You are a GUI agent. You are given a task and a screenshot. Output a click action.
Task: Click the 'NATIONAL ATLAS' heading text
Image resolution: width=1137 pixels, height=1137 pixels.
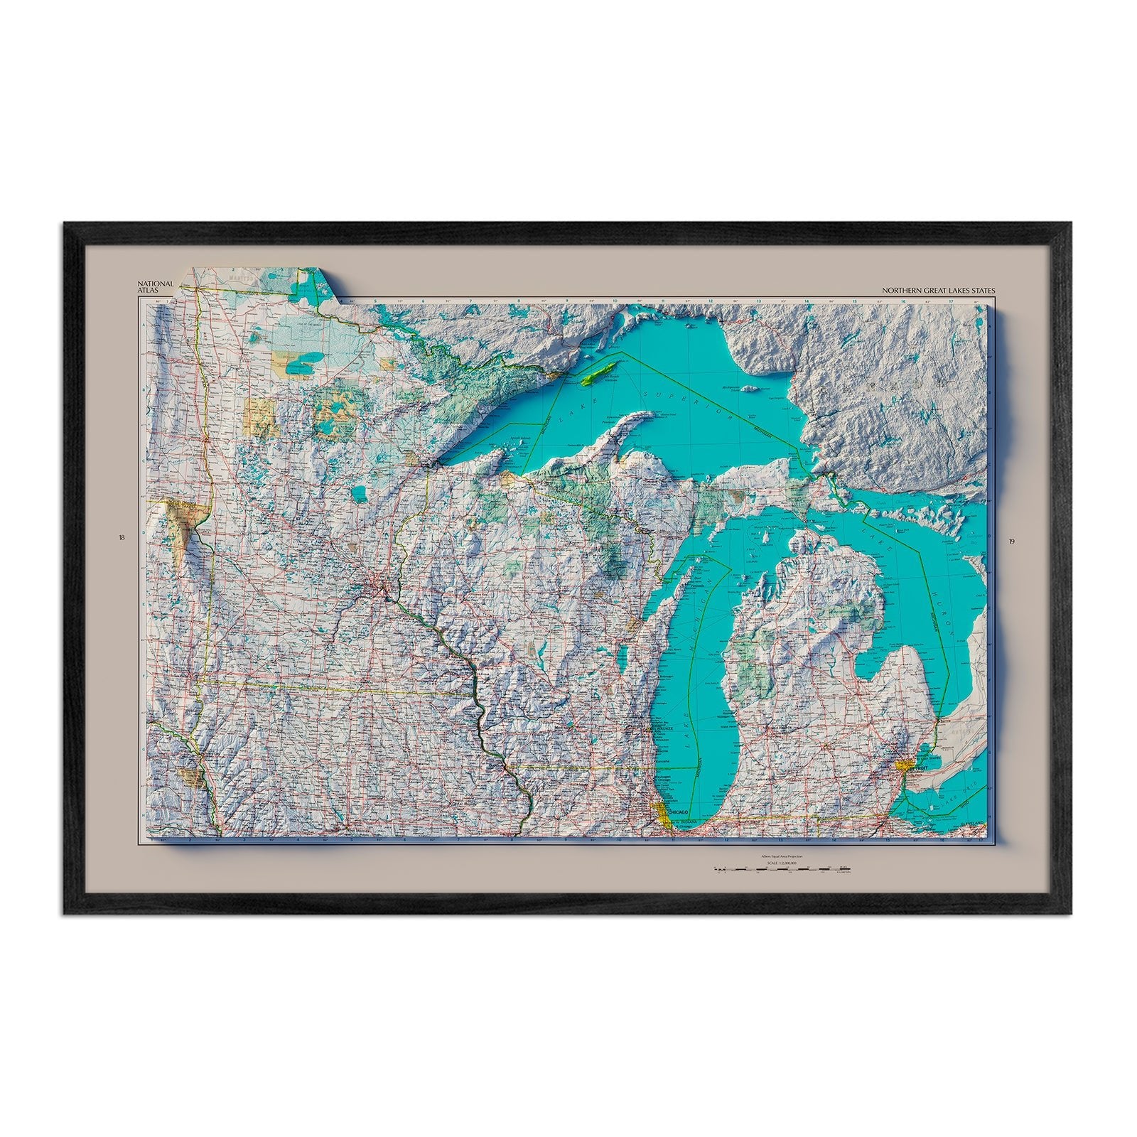click(x=156, y=286)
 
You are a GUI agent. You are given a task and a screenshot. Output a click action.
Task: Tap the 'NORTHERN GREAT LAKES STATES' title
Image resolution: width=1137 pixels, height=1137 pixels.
click(x=939, y=290)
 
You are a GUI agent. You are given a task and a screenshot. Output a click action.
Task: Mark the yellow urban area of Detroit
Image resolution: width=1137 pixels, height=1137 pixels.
click(x=903, y=765)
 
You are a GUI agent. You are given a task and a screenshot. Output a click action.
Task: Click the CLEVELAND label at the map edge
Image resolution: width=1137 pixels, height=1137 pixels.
click(x=971, y=823)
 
